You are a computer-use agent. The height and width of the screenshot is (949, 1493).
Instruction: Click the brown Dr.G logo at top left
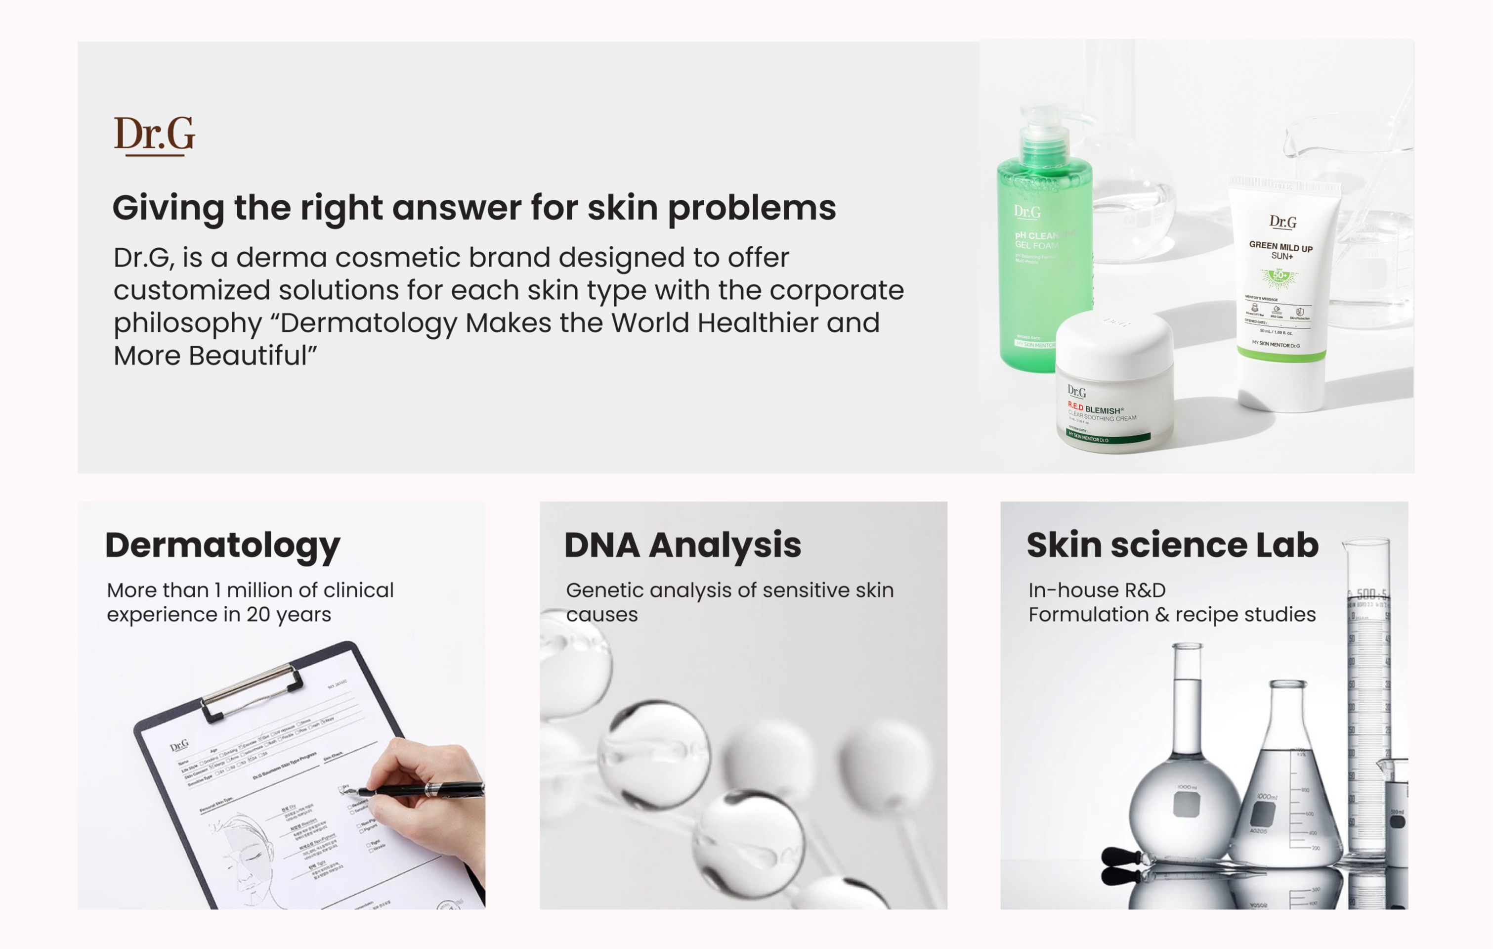(x=154, y=135)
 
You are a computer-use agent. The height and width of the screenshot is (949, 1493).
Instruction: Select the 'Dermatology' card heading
(x=222, y=545)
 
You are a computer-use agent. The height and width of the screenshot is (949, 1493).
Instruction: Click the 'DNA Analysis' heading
(x=683, y=545)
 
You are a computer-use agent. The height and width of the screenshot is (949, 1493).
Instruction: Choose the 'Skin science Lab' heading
(x=1172, y=545)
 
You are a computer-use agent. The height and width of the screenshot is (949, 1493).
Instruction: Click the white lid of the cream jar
(x=1114, y=344)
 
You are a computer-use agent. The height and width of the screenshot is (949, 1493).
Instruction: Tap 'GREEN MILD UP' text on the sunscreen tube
(x=1281, y=247)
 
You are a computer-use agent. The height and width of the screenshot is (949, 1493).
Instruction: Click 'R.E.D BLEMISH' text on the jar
(x=1094, y=409)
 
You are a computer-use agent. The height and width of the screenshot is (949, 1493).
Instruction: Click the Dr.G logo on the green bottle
(x=1027, y=212)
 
